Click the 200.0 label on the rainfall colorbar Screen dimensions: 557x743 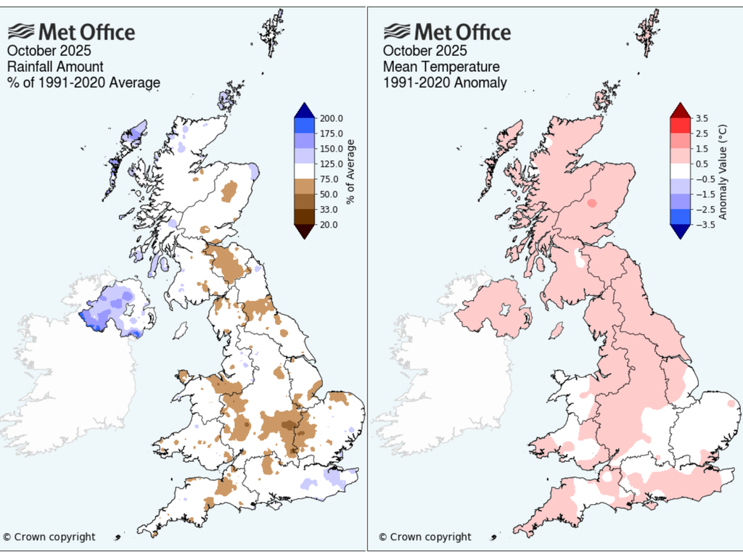pos(331,118)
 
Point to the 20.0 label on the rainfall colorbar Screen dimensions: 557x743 pos(329,225)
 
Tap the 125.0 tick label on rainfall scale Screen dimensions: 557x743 pos(331,164)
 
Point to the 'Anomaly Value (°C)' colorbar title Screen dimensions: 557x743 pos(723,172)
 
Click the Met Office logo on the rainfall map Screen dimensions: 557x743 pos(71,32)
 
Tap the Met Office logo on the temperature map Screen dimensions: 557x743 pos(447,32)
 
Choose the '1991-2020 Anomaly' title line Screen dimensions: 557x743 pos(445,83)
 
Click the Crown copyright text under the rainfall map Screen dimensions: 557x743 pos(49,537)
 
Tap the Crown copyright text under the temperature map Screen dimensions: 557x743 pos(424,537)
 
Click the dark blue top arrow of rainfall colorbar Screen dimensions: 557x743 pos(304,110)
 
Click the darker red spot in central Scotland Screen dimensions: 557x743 pos(593,204)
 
